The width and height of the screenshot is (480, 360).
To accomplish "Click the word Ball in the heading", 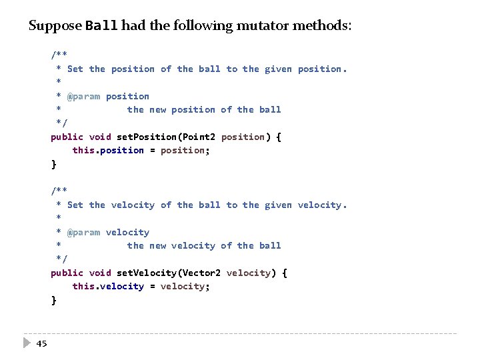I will (x=102, y=27).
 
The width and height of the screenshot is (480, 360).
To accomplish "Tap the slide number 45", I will (x=42, y=343).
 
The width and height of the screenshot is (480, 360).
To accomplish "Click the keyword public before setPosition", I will (x=67, y=137).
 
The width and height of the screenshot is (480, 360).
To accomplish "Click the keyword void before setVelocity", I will (x=100, y=273).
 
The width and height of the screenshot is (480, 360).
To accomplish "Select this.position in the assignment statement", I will (x=108, y=151).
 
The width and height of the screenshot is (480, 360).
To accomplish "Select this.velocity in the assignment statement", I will (x=108, y=287).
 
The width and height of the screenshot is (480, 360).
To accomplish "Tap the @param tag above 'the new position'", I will (x=83, y=96).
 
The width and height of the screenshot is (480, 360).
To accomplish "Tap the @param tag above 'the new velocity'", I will (x=83, y=232).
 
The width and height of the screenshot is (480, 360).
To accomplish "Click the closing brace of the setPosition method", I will (x=54, y=164).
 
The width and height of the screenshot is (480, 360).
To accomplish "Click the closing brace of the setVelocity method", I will (x=54, y=300).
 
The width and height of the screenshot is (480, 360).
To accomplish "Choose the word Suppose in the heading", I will (x=56, y=27).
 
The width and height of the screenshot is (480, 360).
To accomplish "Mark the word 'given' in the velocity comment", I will (x=278, y=205).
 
